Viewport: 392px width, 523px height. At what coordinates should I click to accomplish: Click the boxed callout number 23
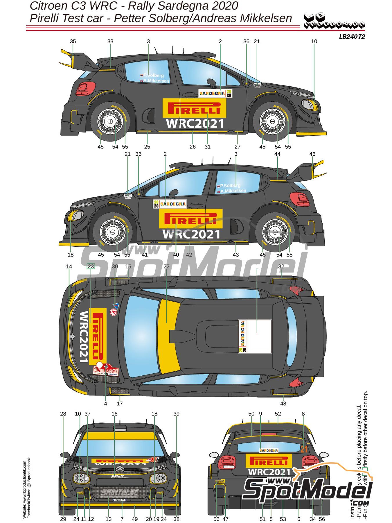91,266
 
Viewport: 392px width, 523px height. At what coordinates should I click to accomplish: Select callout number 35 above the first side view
73,41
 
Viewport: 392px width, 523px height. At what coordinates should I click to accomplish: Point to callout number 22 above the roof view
166,266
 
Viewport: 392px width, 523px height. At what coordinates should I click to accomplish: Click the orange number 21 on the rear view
304,449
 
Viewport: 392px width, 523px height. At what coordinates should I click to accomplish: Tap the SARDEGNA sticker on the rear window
269,451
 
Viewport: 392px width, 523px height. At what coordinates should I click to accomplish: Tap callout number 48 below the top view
283,404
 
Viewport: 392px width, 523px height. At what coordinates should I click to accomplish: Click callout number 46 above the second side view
312,154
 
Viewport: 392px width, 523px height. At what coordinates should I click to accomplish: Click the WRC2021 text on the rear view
269,472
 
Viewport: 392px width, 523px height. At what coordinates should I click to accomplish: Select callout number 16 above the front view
114,414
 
